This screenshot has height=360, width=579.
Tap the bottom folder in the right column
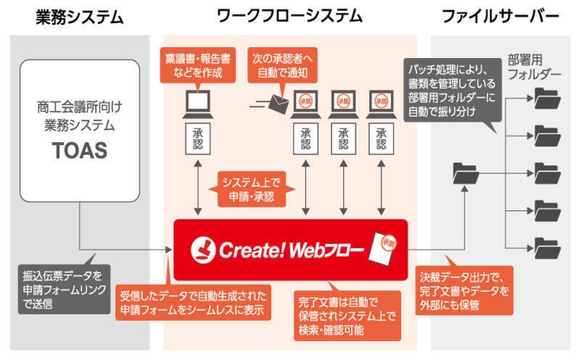(x=548, y=247)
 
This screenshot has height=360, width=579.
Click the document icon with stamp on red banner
(x=384, y=243)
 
